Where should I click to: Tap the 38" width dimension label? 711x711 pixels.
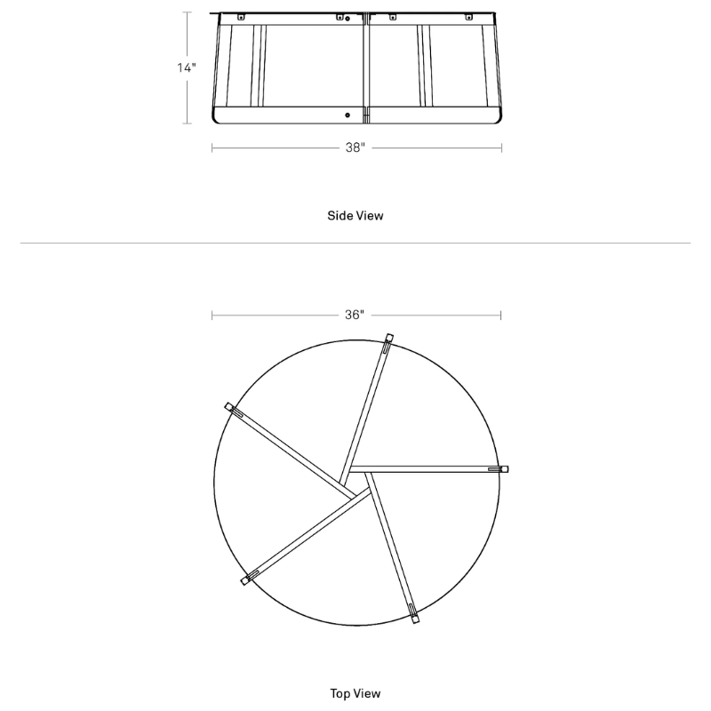pos(355,148)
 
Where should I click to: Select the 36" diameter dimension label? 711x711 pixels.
pos(355,315)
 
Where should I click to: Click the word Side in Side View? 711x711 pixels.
pos(340,216)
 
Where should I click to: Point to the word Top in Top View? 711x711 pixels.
pos(340,692)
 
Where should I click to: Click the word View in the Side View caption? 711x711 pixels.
pos(369,216)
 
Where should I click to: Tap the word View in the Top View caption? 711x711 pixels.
pos(368,692)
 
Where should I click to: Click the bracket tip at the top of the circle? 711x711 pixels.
pos(388,339)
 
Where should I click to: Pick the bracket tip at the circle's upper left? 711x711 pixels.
pos(230,407)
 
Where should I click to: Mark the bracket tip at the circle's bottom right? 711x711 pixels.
pos(414,613)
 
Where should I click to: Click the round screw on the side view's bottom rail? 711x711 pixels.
pos(348,115)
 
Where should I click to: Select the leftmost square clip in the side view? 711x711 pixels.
pos(240,16)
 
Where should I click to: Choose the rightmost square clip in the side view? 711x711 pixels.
pos(469,17)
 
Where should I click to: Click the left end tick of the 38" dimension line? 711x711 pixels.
pos(212,148)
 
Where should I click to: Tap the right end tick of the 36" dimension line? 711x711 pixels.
pos(501,315)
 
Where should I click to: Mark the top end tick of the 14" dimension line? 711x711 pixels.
pos(187,12)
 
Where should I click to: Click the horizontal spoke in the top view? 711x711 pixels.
pos(427,468)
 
